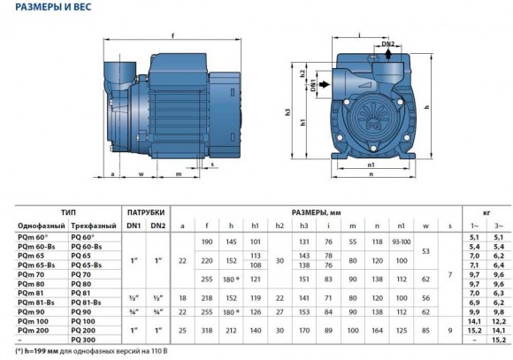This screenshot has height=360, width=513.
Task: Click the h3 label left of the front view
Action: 288,112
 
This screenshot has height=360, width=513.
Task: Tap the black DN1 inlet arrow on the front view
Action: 324,85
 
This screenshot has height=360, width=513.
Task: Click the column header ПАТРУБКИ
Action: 144,213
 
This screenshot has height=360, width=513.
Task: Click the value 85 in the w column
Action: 426,328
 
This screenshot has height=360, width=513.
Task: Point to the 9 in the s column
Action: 449,328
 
